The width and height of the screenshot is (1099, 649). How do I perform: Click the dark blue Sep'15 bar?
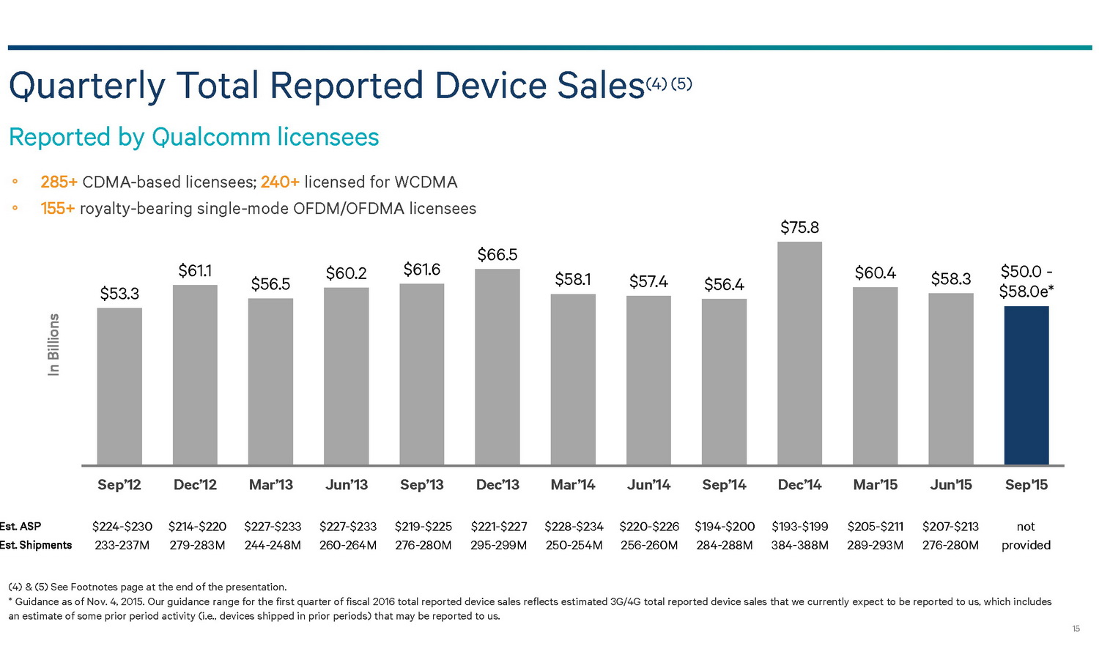1026,385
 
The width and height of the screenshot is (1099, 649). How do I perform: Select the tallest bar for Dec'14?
799,353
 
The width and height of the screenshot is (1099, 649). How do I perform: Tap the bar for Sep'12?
119,386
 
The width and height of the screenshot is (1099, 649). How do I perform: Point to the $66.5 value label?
497,255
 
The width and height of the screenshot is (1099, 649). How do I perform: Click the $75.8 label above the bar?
799,228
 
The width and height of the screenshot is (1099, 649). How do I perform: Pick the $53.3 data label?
119,294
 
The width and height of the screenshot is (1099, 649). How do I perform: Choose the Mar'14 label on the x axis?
573,485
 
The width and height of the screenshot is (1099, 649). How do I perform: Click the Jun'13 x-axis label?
347,485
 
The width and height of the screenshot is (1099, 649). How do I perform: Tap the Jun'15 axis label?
950,485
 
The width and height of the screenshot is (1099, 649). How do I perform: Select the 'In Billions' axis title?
53,344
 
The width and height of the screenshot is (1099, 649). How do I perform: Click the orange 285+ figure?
59,182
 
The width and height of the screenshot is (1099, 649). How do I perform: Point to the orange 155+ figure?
58,209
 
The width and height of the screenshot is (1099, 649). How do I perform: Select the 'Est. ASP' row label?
21,527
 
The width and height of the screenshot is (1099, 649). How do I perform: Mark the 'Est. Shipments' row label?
36,545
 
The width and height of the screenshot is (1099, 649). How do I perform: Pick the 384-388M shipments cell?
799,545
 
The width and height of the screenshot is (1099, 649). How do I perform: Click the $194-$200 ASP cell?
724,527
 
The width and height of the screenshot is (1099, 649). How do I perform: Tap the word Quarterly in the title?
86,86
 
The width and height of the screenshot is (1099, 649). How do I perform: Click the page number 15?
1076,629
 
